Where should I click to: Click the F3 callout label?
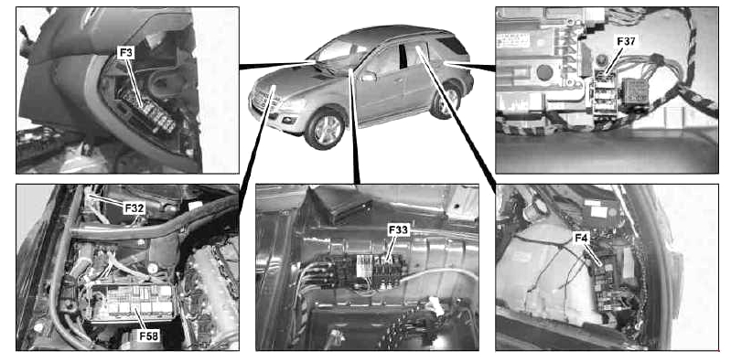[124, 52]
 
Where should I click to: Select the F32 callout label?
[134, 208]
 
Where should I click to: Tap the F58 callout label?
[149, 335]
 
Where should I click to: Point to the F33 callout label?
[397, 229]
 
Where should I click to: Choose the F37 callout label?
[626, 41]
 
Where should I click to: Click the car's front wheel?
[325, 129]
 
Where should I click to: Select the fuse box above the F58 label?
[133, 303]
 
